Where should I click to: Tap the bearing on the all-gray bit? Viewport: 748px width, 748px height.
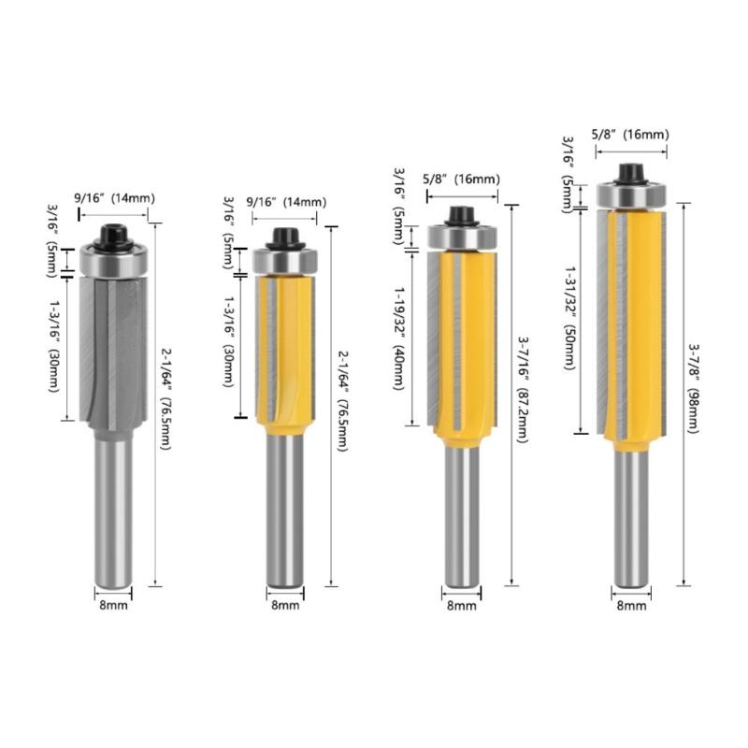pos(114,260)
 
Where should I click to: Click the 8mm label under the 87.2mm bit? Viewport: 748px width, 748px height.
pos(461,606)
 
